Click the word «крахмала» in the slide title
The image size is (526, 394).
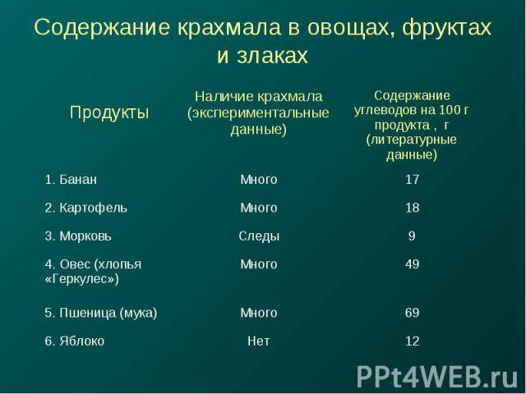[x=228, y=27]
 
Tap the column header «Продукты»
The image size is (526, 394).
[x=109, y=112]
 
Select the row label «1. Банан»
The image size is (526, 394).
[x=71, y=180]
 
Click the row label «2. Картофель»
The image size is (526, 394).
[x=85, y=208]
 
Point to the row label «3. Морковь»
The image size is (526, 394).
[x=78, y=236]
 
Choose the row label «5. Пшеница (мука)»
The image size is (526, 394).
[x=101, y=313]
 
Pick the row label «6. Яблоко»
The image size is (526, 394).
[x=75, y=341]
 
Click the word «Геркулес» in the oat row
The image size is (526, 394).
[x=82, y=279]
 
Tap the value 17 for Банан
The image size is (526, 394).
[x=412, y=180]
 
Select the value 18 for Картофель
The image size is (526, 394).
[x=412, y=208]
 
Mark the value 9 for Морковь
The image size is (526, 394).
[x=412, y=236]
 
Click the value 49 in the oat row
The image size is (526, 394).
[x=412, y=264]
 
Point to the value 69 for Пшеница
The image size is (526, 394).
[x=412, y=313]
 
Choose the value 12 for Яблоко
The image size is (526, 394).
[x=412, y=341]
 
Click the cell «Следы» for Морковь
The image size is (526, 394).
[x=259, y=236]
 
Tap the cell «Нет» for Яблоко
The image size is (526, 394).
[x=259, y=341]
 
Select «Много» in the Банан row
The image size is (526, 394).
[x=259, y=180]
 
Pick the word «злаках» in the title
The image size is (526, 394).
[x=272, y=55]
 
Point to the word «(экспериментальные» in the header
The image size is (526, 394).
[x=258, y=113]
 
